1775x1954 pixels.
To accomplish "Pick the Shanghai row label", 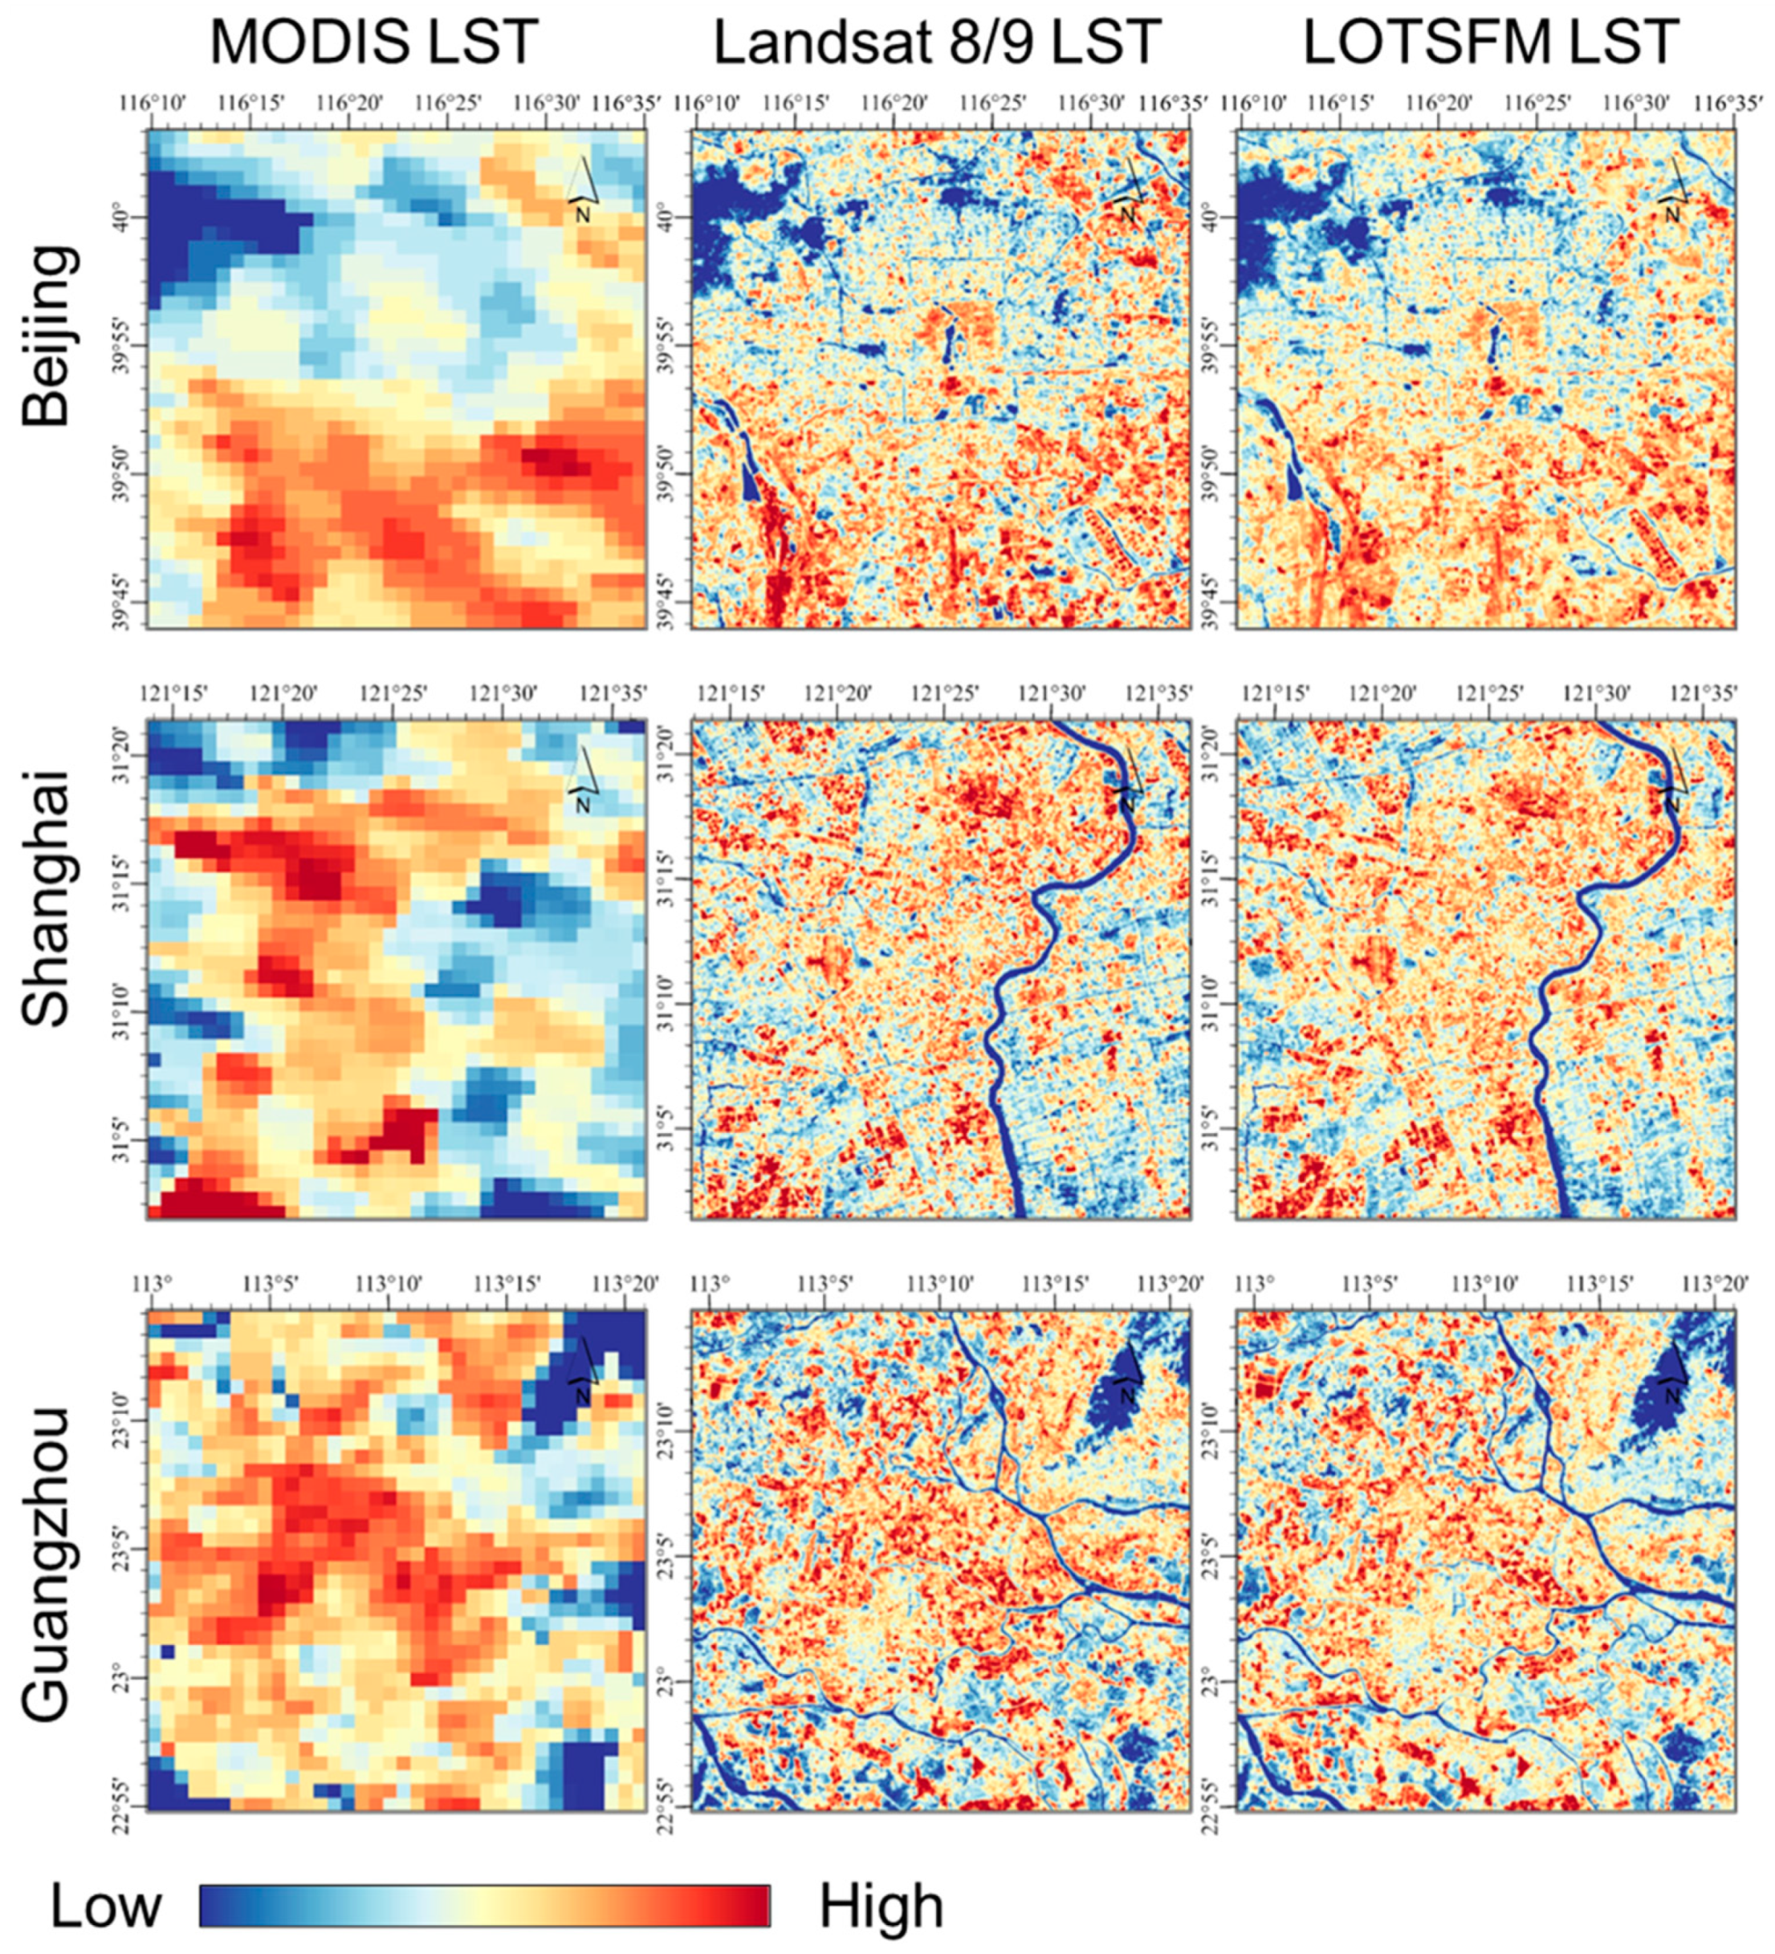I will [47, 896].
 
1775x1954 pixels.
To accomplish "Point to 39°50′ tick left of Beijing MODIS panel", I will [125, 473].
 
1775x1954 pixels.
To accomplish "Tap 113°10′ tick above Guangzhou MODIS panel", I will [389, 1284].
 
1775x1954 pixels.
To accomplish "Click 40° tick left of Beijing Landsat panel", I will [670, 217].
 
